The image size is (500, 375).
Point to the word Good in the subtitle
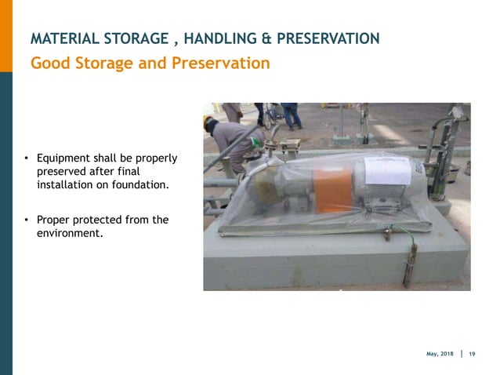click(49, 63)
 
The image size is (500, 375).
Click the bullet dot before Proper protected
click(25, 220)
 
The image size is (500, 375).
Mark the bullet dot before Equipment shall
click(25, 159)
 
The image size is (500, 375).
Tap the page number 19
click(472, 354)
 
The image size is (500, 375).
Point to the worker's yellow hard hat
click(208, 122)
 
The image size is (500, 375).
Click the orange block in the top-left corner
click(6, 35)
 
